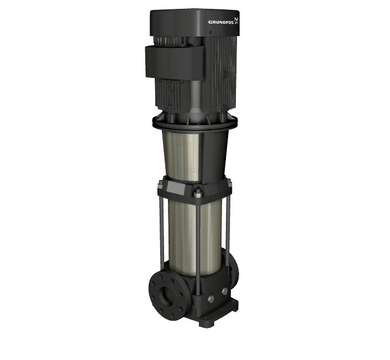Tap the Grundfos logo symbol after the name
(236, 20)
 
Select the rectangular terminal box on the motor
(175, 61)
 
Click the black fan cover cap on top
(195, 23)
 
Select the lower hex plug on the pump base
(210, 299)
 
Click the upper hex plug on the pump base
(225, 291)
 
